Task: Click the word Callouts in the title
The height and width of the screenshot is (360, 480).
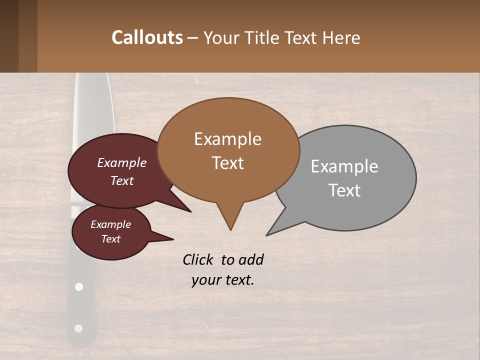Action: [x=147, y=37]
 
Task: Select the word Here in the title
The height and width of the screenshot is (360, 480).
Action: [x=342, y=38]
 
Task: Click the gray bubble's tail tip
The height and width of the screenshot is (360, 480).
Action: [x=267, y=235]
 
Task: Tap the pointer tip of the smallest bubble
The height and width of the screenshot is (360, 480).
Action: [x=173, y=239]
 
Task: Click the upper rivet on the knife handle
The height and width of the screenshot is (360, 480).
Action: [x=78, y=287]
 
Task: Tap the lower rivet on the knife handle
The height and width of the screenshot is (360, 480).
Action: [x=78, y=328]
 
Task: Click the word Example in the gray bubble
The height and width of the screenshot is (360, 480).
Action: [x=344, y=166]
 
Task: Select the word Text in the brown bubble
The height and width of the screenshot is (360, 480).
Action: [x=228, y=163]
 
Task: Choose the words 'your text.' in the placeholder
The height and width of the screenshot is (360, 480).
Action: [x=223, y=280]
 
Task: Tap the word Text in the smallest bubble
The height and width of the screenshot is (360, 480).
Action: [x=111, y=239]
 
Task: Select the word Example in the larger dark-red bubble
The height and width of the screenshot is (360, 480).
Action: [x=121, y=162]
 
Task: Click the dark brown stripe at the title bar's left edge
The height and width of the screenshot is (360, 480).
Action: [x=9, y=36]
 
